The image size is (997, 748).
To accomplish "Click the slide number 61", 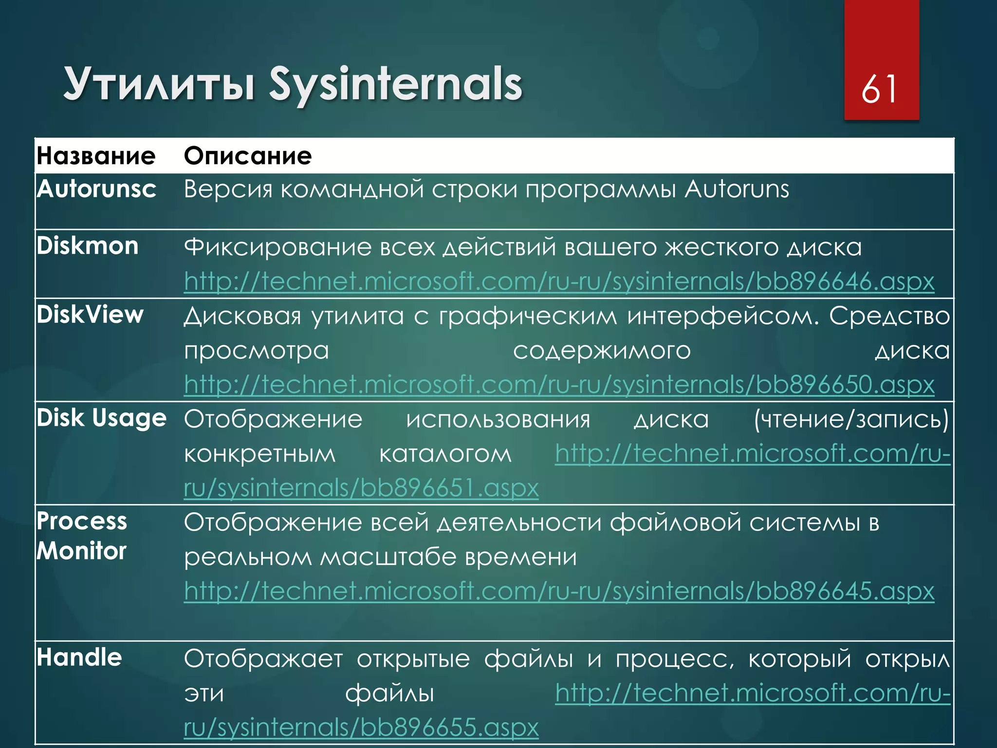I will click(879, 89).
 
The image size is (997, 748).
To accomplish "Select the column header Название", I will click(96, 156).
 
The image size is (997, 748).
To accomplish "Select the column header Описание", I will click(248, 156).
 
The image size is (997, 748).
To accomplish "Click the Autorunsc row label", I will click(96, 189).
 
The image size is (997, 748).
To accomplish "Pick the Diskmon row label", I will click(88, 246).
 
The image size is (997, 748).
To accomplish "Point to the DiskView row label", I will click(90, 315).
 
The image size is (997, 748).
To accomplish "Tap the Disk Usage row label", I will click(101, 418).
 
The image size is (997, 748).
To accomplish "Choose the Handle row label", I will click(79, 658).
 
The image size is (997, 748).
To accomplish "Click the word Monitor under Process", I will click(81, 551).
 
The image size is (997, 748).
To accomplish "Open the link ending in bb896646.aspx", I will click(559, 281).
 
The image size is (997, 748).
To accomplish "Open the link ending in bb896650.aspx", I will click(559, 385).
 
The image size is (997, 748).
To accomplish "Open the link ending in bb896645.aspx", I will click(559, 591).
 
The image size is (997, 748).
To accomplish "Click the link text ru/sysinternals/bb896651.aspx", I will click(361, 488).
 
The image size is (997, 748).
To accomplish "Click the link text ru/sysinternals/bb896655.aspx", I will click(361, 728).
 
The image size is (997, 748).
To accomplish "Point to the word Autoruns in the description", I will click(737, 189).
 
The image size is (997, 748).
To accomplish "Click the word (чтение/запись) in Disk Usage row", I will click(851, 419).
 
